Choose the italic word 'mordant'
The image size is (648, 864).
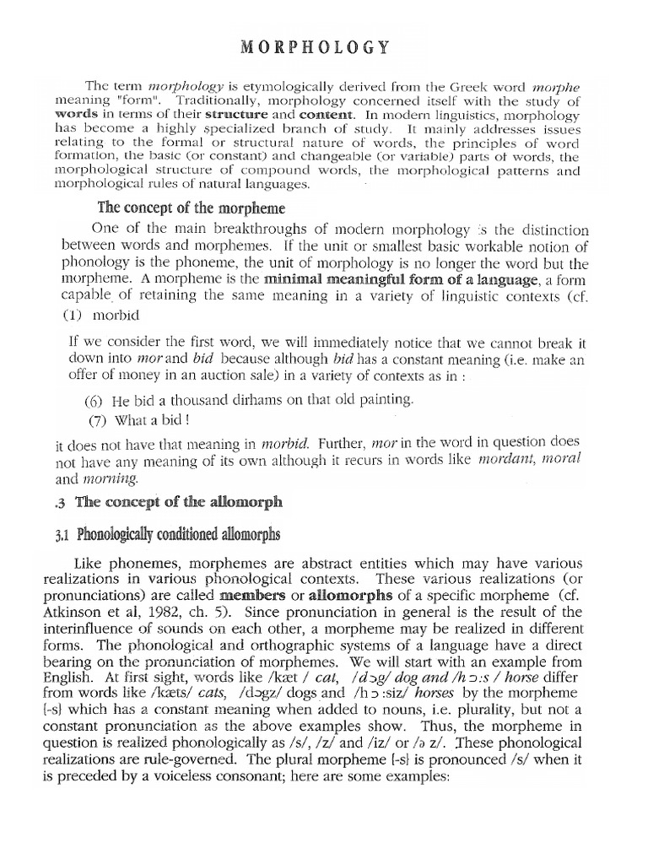[507, 462]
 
